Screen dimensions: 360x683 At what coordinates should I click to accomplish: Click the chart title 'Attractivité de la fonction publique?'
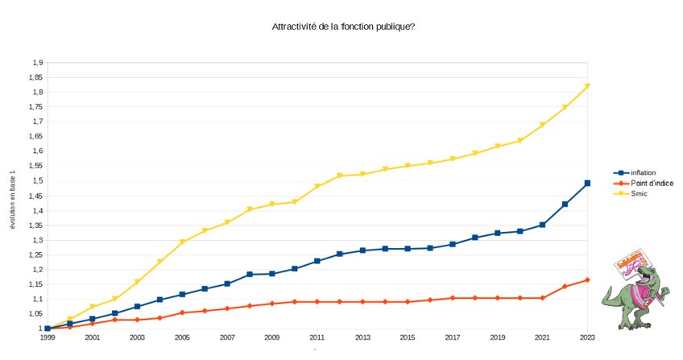(344, 27)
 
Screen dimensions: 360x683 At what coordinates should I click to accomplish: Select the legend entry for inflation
(643, 173)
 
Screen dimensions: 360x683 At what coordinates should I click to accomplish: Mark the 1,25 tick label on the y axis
(35, 254)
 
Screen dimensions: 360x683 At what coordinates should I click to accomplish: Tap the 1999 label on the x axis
(48, 337)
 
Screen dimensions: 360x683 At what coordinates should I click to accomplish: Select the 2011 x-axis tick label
(317, 337)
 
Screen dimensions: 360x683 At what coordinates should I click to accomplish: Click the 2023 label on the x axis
(587, 337)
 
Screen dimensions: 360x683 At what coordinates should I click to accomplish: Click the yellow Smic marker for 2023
(587, 86)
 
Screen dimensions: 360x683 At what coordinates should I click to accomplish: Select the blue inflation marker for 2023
(587, 184)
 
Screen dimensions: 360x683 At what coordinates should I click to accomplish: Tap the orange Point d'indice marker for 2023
(587, 279)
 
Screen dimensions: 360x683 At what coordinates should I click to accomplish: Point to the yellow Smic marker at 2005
(182, 242)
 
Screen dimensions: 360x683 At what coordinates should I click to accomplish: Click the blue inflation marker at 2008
(250, 275)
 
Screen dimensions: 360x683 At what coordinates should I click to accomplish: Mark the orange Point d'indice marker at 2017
(453, 298)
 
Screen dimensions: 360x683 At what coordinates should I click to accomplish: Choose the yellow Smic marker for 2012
(340, 176)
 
